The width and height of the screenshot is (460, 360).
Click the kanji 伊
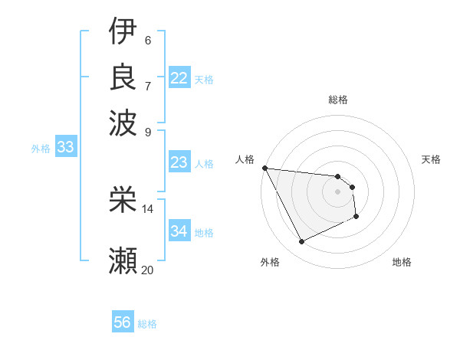(x=123, y=31)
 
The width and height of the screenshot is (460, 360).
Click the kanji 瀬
(x=123, y=260)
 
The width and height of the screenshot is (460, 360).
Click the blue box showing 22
(x=179, y=78)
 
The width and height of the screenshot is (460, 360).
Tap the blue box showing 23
(x=179, y=162)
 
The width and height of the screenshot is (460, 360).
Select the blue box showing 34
(x=179, y=231)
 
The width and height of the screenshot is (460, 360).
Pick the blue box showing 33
(x=64, y=148)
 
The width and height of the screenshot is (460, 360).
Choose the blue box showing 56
(x=122, y=323)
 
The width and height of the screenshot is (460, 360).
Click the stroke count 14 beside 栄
(x=147, y=209)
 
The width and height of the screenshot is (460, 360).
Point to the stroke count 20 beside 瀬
(x=147, y=270)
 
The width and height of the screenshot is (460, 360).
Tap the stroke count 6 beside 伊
(x=147, y=41)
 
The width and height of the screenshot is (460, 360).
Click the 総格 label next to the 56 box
(x=147, y=324)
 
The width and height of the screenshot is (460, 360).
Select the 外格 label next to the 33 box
(x=40, y=149)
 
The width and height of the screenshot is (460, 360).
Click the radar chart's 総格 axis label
(x=337, y=100)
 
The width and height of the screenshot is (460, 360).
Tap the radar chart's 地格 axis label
(x=402, y=263)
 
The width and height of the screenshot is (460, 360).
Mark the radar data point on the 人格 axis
(x=264, y=168)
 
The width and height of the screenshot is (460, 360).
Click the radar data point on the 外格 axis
(x=301, y=242)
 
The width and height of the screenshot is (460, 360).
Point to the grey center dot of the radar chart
(x=337, y=192)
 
